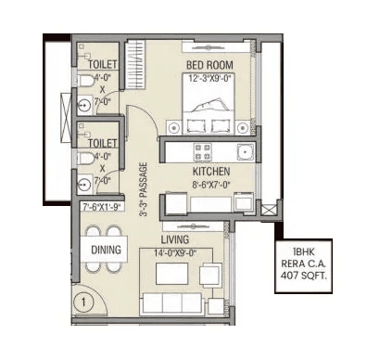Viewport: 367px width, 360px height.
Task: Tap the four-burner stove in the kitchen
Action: click(x=202, y=150)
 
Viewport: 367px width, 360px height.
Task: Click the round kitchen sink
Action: click(x=245, y=152)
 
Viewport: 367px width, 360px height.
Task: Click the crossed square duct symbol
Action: click(x=269, y=212)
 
